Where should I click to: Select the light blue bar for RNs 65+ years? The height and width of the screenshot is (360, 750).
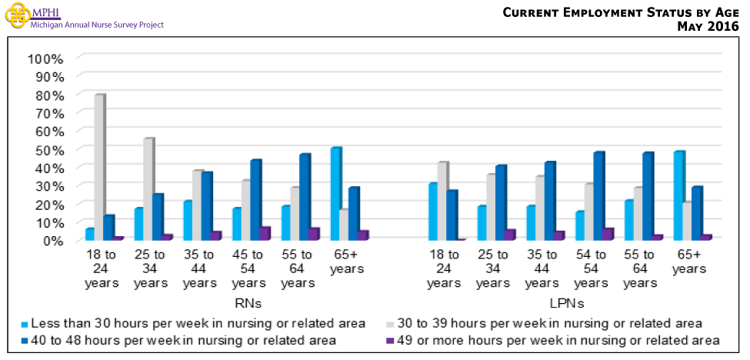(x=335, y=194)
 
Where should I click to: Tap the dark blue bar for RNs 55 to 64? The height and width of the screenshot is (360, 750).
(x=305, y=197)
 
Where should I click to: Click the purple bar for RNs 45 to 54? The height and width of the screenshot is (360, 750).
(x=264, y=234)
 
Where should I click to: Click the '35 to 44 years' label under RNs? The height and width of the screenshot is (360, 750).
(x=199, y=268)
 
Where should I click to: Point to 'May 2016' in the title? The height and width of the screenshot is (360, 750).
(x=707, y=27)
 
